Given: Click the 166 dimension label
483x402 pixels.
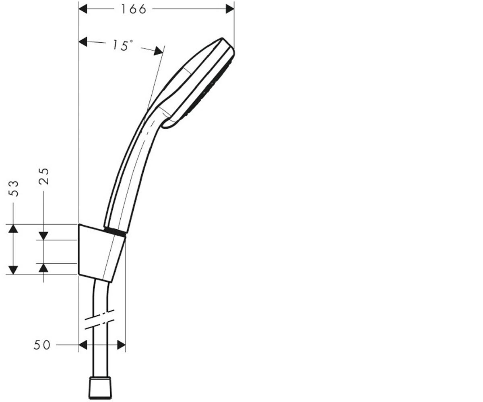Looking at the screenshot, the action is click(x=134, y=9).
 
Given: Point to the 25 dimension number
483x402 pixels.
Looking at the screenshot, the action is click(x=44, y=176).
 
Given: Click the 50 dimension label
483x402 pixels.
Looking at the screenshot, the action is click(x=42, y=345).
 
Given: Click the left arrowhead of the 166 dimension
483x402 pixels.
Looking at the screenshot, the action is click(x=83, y=9).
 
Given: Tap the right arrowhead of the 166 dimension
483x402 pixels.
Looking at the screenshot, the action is click(x=230, y=9).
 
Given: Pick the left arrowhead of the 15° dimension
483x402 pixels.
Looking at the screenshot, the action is click(x=83, y=41).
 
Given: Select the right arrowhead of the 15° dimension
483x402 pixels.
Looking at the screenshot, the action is click(x=159, y=51).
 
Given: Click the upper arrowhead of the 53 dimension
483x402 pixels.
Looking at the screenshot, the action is click(x=13, y=228).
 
